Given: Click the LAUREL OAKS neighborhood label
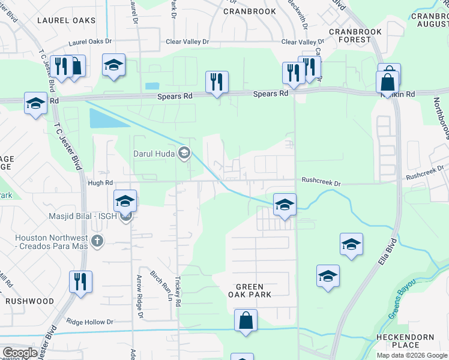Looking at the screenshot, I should [66, 20].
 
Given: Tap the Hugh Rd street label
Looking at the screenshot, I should [100, 182].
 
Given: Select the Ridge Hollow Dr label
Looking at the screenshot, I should [90, 322].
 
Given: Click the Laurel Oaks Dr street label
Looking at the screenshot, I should [90, 43].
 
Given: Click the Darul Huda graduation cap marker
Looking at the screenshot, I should [184, 154].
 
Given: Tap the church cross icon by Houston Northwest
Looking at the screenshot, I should [97, 241].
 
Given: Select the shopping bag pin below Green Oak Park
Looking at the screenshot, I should [246, 320].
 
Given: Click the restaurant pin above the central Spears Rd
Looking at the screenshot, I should [217, 82].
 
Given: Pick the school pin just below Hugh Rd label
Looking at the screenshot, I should [125, 200].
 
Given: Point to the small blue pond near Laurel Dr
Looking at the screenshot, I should [152, 86].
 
